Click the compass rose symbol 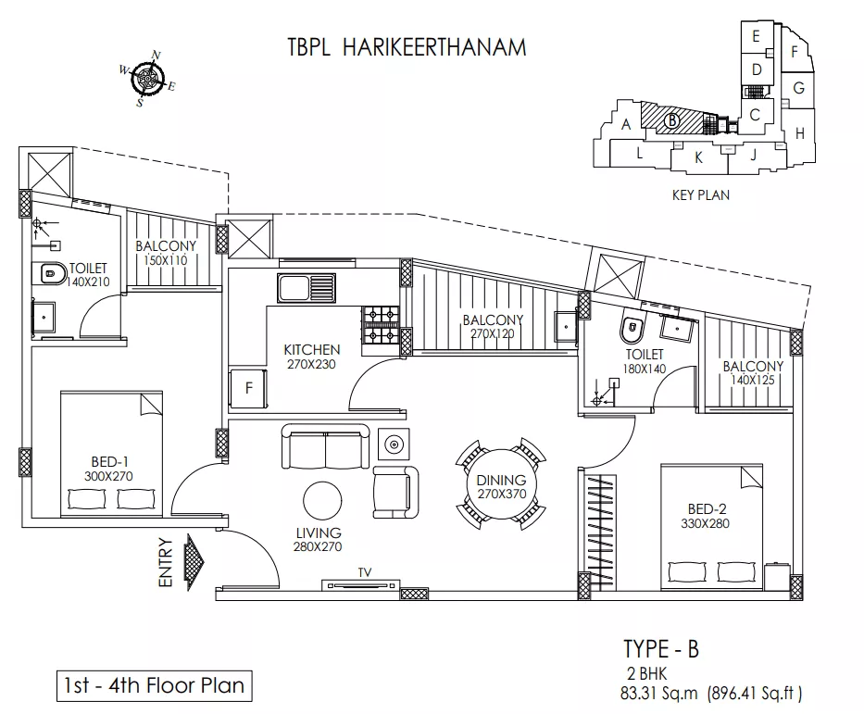click(147, 79)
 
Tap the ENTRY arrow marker click(195, 562)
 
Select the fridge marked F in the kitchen click(248, 388)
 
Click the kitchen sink click(307, 288)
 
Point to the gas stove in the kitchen click(381, 324)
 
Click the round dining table click(501, 485)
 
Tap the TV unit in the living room click(361, 584)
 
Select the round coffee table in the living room click(322, 501)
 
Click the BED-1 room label click(109, 462)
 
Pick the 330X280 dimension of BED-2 click(705, 523)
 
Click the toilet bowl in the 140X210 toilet click(48, 273)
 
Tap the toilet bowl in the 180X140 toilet click(632, 330)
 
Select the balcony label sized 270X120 click(493, 327)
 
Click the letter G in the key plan click(798, 87)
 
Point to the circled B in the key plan click(671, 120)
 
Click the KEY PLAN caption click(700, 195)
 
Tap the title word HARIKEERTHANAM click(434, 47)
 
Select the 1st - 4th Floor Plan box click(155, 686)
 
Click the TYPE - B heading click(661, 649)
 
